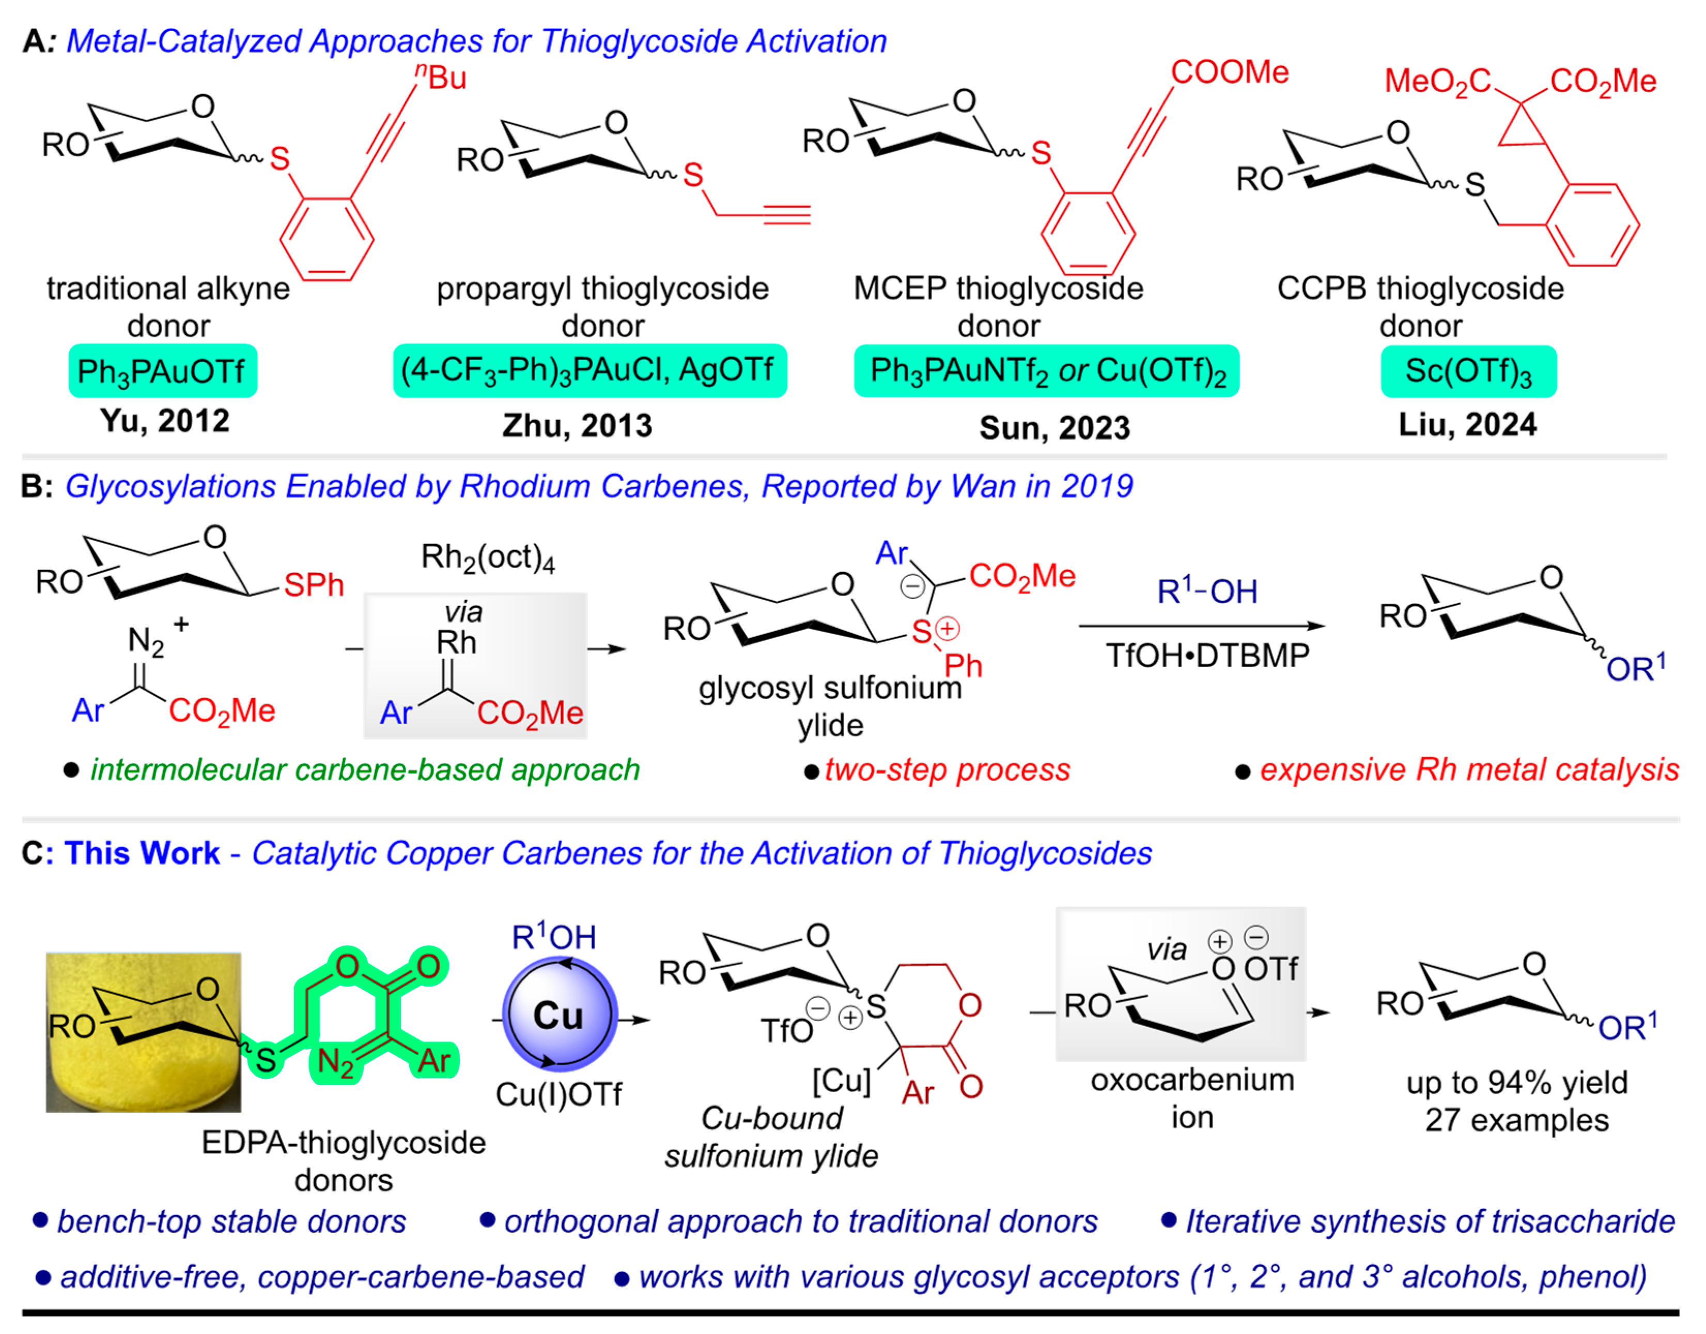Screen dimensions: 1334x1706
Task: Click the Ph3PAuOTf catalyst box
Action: [x=162, y=371]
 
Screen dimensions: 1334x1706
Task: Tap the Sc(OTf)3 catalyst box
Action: [x=1468, y=371]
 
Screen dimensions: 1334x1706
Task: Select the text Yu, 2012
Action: [x=165, y=421]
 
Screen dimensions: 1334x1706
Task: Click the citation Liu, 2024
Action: [x=1467, y=424]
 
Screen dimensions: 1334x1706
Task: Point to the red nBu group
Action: [x=441, y=76]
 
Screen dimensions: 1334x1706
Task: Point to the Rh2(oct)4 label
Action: [x=487, y=557]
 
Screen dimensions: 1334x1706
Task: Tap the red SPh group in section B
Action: [x=313, y=584]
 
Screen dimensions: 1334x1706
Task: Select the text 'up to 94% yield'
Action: [x=1517, y=1082]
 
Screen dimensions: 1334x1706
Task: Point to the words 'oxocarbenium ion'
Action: [x=1192, y=1098]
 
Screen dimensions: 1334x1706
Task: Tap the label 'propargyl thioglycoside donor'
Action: [x=602, y=307]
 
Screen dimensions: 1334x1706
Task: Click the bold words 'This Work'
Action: [x=142, y=853]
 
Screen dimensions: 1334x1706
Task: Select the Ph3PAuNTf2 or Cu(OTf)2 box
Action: [x=1047, y=371]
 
